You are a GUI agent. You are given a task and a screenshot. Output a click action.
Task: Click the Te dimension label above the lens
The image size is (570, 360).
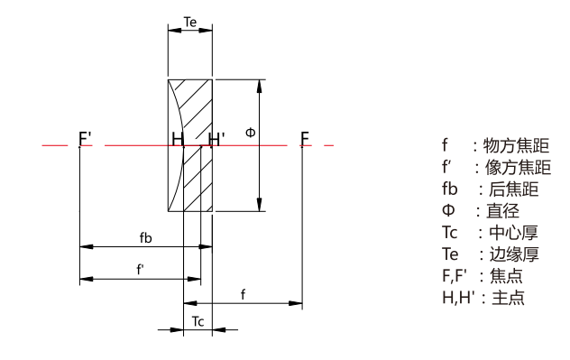click(190, 23)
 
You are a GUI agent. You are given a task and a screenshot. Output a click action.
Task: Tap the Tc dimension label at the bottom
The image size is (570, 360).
click(198, 321)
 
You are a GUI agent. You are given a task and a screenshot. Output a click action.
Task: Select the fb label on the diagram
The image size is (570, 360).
click(146, 238)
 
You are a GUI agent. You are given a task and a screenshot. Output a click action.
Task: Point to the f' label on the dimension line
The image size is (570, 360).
click(141, 270)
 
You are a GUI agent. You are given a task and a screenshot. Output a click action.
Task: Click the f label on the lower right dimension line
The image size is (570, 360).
click(244, 294)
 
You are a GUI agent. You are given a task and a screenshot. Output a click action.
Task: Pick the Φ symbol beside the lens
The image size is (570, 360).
click(251, 133)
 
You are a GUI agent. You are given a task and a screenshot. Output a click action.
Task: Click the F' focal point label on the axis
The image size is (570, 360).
click(85, 139)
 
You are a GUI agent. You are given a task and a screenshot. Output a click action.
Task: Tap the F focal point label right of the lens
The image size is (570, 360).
click(305, 139)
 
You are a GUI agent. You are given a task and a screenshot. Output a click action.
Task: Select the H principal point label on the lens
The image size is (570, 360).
click(177, 139)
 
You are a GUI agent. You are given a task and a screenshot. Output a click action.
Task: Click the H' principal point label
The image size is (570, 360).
click(216, 139)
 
